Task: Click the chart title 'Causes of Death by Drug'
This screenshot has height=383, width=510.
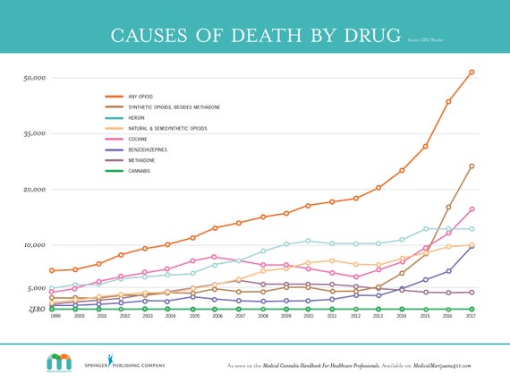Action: coord(254,35)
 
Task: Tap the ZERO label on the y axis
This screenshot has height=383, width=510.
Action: coord(37,309)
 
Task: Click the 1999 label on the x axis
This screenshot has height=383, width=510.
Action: coord(55,316)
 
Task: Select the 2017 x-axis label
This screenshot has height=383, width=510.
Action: coord(471,316)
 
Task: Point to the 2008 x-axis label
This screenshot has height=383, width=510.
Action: coord(263,316)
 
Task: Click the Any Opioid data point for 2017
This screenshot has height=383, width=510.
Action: coord(472,72)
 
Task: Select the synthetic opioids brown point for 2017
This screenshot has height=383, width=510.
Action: coord(472,166)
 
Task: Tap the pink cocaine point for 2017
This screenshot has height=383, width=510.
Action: coord(472,209)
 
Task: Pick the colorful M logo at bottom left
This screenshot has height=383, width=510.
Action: coord(59,362)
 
